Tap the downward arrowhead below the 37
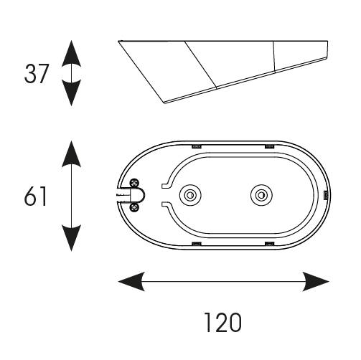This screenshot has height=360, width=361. [70, 95]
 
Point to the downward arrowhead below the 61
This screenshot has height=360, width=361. [70, 238]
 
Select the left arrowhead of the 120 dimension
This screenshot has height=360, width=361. [129, 281]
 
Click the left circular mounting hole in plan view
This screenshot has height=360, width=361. [190, 195]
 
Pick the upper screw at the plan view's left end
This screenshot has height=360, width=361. [134, 183]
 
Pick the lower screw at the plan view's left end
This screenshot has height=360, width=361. [134, 207]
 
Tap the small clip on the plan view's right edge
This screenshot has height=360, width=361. [324, 195]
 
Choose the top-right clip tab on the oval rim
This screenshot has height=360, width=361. [268, 146]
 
